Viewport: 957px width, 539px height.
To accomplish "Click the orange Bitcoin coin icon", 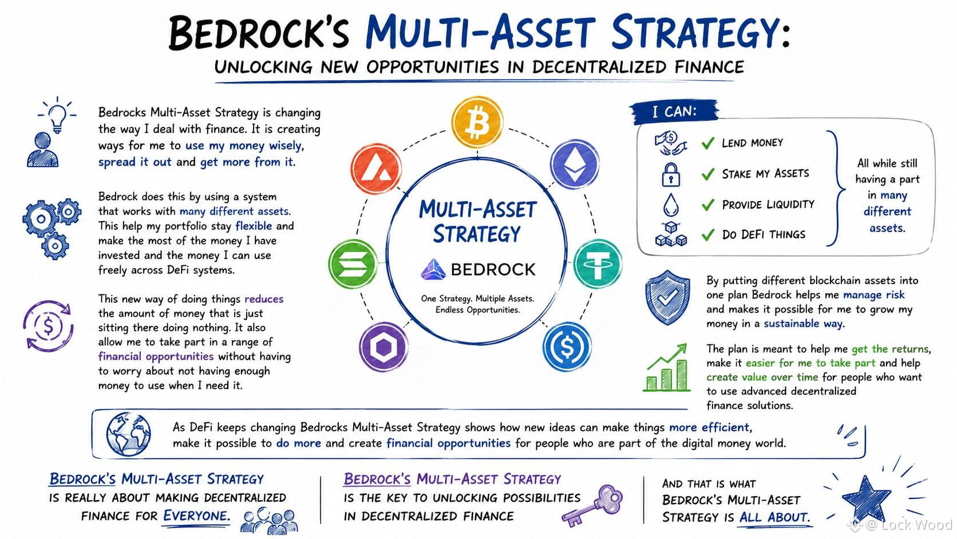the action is pos(477,122).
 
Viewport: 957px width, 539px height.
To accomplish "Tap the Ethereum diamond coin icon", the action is pos(574,164).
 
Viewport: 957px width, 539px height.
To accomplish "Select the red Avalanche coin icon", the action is pos(377,168).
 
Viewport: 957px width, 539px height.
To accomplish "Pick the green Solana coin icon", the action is pos(353,263).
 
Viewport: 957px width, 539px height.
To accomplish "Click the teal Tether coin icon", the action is pos(598,263).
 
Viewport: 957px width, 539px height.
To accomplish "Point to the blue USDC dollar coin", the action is pos(567,347).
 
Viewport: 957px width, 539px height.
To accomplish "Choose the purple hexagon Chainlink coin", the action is pos(383,347).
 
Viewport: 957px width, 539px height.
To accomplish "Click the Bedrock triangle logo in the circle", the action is pos(433,269).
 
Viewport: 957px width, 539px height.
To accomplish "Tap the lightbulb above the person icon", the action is pos(57,114).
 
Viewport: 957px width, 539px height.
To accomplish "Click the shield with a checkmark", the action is pos(667,297).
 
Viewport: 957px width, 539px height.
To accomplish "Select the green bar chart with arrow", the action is pos(667,368).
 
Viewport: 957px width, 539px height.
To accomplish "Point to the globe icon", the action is pos(128,434).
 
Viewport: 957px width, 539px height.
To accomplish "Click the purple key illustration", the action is pos(592,505).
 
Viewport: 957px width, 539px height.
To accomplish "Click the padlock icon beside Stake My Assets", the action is pos(671,174).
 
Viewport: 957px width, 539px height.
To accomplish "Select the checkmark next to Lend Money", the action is pos(708,143).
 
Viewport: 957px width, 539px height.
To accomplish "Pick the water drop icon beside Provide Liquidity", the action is pos(671,204).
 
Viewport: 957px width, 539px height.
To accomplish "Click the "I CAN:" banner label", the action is pos(674,111).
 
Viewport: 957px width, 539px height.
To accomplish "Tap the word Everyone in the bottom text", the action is pos(195,516).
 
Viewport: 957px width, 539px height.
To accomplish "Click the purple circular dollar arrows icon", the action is pos(48,326).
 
